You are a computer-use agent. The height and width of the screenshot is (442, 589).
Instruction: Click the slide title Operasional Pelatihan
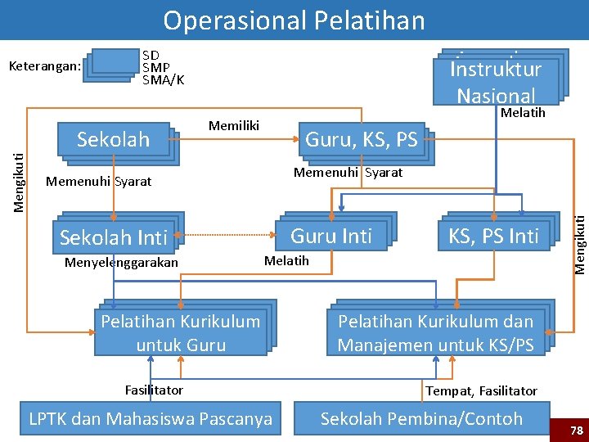294,20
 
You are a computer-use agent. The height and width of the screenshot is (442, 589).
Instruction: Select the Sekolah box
115,140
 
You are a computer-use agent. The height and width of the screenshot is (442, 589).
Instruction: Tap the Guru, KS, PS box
361,140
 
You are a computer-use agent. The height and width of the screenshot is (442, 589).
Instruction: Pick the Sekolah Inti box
114,237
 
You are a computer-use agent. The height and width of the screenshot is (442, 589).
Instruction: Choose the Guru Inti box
331,236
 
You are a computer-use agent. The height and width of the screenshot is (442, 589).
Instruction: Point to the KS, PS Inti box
493,236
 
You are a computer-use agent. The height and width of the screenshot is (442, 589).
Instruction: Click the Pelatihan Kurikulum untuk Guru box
180,332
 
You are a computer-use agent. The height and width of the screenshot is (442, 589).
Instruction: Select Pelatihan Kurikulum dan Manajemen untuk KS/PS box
435,332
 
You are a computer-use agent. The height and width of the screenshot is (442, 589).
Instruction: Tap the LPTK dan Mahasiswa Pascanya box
151,419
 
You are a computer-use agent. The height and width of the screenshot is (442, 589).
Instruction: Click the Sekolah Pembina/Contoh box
421,419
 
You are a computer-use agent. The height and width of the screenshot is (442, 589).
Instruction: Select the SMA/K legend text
163,80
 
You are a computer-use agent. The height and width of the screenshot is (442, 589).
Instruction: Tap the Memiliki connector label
234,125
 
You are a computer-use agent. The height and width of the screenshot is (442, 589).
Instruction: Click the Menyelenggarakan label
120,263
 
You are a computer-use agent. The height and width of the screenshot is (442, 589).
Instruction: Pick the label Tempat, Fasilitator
481,391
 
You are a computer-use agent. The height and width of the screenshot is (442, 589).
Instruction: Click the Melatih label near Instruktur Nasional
522,113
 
